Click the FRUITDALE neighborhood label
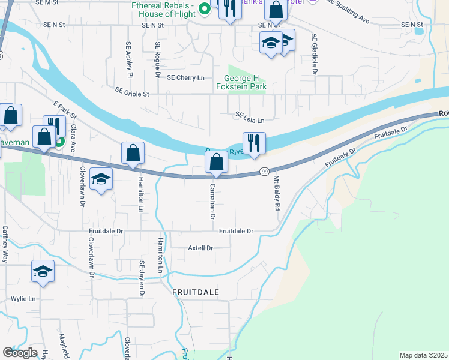(195, 292)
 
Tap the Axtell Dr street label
(200, 248)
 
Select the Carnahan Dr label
(212, 201)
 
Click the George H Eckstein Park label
(245, 82)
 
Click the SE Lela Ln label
(250, 118)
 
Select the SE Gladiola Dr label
(314, 55)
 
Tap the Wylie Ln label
(23, 298)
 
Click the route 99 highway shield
(264, 172)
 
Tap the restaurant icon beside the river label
(254, 144)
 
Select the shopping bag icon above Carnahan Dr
(216, 162)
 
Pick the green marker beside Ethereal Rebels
(203, 8)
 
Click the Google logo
(20, 353)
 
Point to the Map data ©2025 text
(423, 355)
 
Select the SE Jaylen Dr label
(142, 279)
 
